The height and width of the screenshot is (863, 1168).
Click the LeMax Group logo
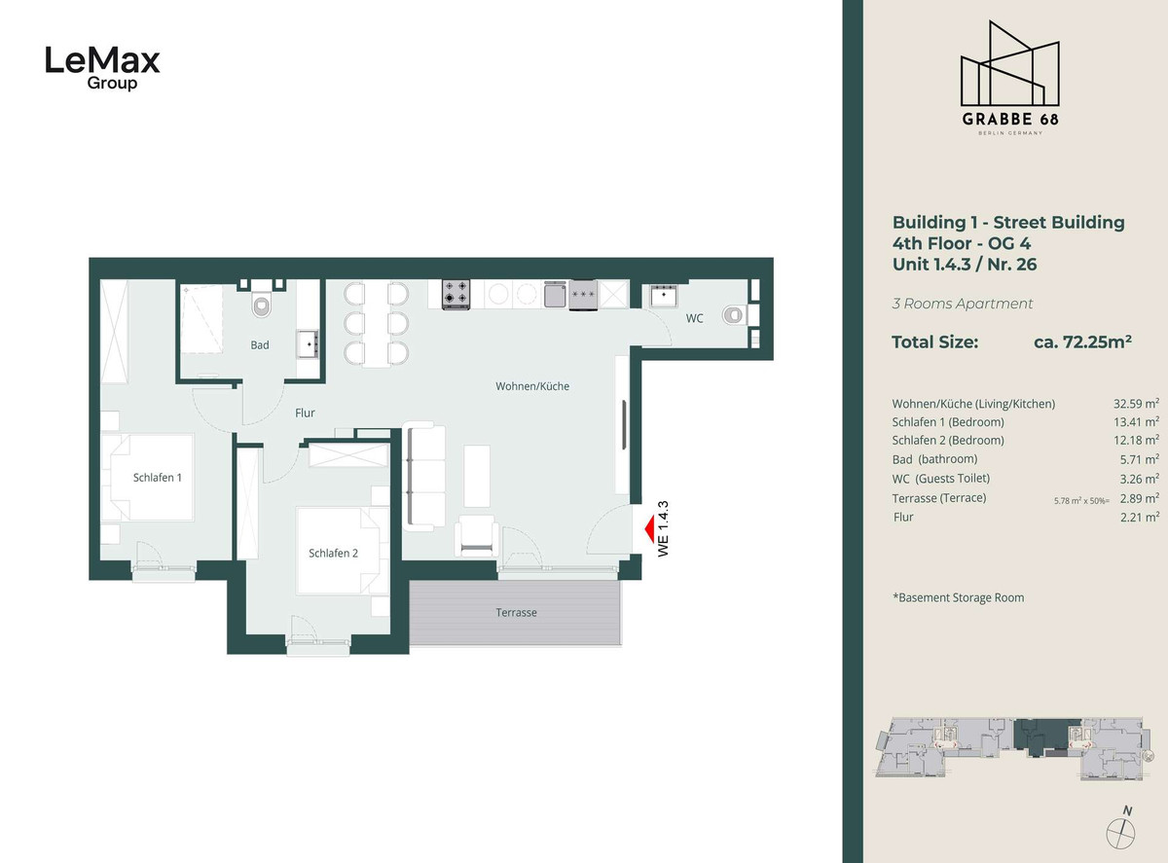103,68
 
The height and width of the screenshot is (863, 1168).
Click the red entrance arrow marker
649,528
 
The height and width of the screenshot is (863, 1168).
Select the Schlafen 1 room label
158,478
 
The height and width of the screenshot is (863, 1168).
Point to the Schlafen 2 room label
333,554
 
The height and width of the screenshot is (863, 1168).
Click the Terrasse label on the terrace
516,612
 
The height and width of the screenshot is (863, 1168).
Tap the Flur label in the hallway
305,414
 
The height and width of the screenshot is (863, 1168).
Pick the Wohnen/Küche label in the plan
532,386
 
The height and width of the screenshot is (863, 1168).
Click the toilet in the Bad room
262,304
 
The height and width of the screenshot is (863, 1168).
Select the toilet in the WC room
733,315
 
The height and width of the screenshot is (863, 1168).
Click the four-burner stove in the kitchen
456,294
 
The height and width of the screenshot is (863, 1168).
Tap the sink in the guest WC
663,296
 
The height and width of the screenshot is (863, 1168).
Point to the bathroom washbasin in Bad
308,343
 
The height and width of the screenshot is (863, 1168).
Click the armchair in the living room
477,536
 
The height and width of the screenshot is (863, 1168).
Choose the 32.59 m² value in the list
1136,404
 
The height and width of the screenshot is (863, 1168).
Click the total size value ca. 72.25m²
1082,342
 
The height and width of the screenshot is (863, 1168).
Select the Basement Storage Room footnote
959,597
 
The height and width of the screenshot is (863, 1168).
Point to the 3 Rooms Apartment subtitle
963,304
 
